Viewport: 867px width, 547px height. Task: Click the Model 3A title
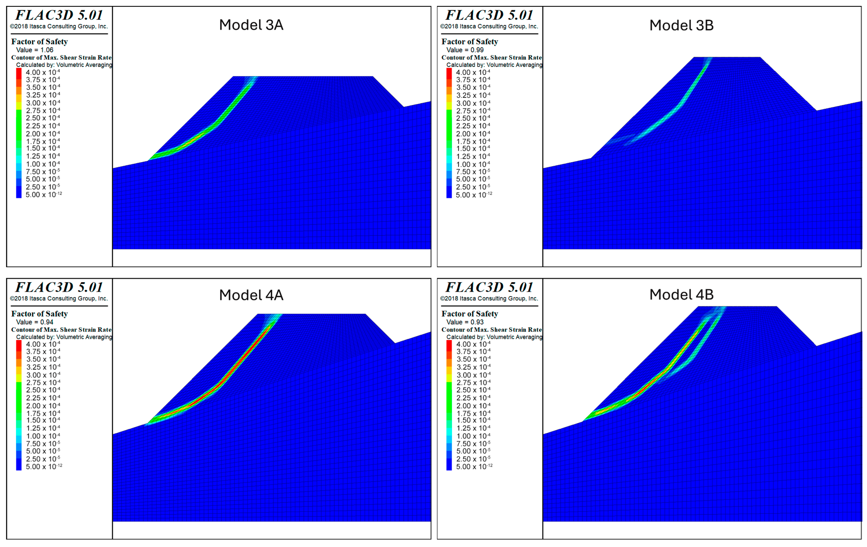click(251, 25)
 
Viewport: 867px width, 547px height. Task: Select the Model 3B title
click(681, 25)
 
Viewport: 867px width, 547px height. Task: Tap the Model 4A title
click(251, 295)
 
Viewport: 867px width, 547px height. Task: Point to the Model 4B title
click(681, 294)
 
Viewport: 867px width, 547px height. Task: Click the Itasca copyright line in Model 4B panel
click(489, 298)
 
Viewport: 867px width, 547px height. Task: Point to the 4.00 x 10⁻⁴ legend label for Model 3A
click(43, 72)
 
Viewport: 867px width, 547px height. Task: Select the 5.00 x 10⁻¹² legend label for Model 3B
click(474, 195)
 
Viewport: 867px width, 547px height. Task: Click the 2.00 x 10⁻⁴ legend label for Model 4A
click(43, 406)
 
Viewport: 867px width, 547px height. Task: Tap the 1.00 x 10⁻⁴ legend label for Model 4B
click(473, 436)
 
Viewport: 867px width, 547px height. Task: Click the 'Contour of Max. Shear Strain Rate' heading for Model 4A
click(61, 330)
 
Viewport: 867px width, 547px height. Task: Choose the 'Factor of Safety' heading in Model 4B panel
click(469, 314)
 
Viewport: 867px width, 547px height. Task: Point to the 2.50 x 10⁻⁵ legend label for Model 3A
click(43, 187)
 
